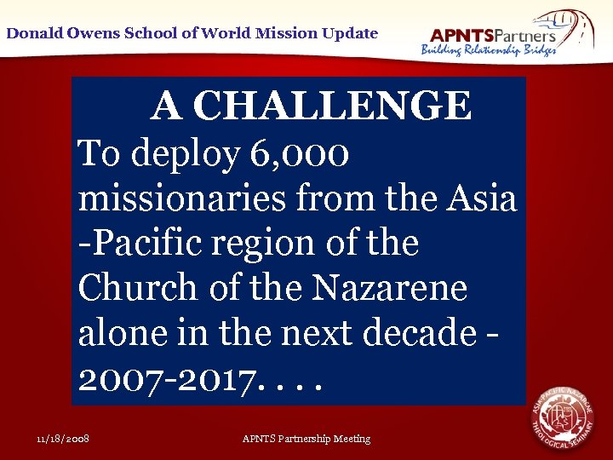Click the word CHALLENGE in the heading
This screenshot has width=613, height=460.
tap(332, 106)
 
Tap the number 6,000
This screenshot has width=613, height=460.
tap(301, 154)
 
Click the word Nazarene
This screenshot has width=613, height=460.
tap(390, 288)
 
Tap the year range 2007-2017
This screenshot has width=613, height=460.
tap(165, 377)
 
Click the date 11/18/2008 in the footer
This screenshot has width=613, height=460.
tap(64, 439)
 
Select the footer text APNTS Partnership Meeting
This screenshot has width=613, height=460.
tap(306, 439)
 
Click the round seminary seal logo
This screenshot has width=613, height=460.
tap(562, 417)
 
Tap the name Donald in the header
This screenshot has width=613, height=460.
tap(34, 33)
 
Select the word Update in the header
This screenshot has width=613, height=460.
tap(349, 33)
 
